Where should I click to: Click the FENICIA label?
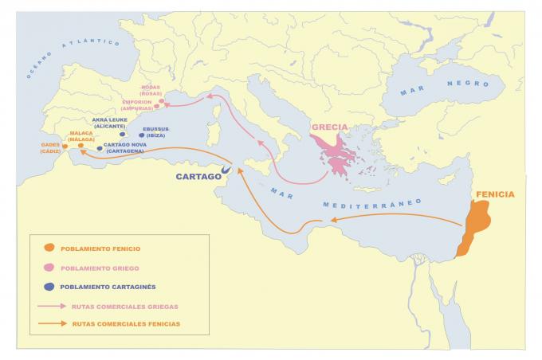(x=494, y=194)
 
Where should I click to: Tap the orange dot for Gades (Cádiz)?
(x=65, y=146)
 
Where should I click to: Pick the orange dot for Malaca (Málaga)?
(x=81, y=146)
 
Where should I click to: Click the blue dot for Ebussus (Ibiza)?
(x=141, y=135)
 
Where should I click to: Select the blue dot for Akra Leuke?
(x=123, y=134)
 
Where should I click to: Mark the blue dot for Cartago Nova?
(x=99, y=148)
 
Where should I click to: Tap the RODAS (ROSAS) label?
(x=150, y=90)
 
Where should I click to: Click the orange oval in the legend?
(x=50, y=248)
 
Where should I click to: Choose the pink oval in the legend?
(x=50, y=268)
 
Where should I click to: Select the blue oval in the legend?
(x=50, y=287)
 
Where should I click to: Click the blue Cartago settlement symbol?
(x=226, y=169)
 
